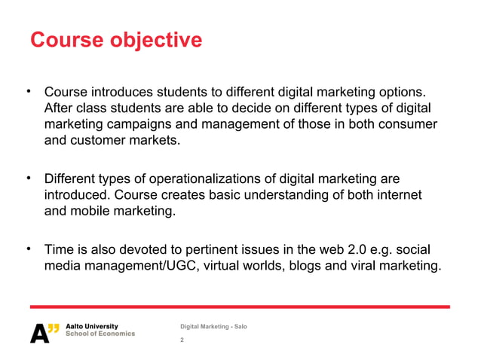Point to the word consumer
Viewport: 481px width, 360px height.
(x=409, y=124)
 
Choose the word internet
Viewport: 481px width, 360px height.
(x=395, y=196)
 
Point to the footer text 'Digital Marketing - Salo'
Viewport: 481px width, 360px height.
(x=213, y=325)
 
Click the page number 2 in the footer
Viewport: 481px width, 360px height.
(x=182, y=340)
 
